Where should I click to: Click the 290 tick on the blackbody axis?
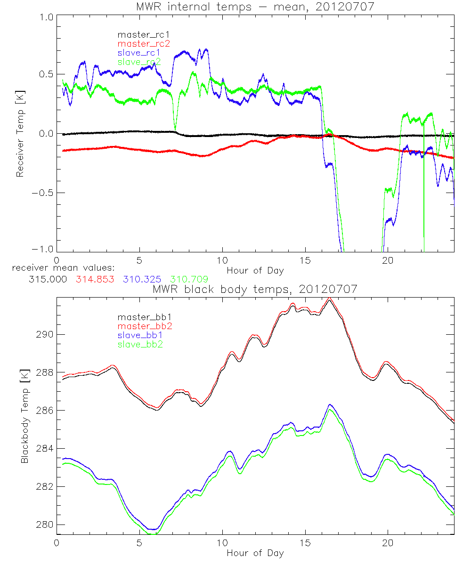pyautogui.click(x=45, y=334)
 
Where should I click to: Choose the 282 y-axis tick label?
pyautogui.click(x=45, y=486)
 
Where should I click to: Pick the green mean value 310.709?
pyautogui.click(x=188, y=279)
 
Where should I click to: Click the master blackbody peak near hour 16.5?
pyautogui.click(x=329, y=299)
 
